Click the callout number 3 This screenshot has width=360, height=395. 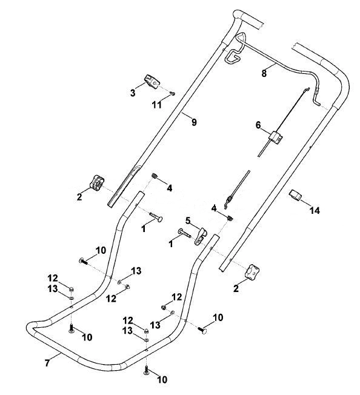click(133, 93)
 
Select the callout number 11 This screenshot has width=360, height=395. click(157, 105)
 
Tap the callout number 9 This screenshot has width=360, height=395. click(194, 122)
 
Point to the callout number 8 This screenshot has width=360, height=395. click(264, 73)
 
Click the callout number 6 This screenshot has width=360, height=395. click(258, 125)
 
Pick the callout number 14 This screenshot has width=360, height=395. click(315, 210)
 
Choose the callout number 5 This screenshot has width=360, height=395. click(188, 221)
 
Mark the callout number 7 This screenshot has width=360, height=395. click(47, 363)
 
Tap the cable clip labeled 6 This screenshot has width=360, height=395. click(276, 138)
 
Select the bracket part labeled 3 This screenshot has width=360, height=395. click(153, 81)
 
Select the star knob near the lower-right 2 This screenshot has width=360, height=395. click(252, 272)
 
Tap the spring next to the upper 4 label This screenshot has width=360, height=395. click(155, 175)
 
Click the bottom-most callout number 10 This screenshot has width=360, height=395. click(162, 379)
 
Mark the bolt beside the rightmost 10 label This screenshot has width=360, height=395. click(203, 330)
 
